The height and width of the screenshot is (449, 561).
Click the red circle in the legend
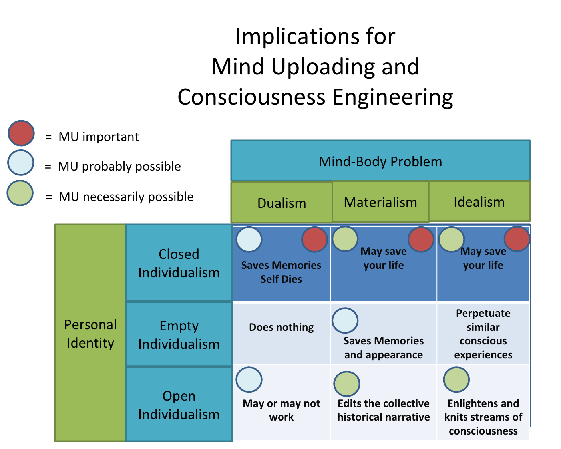tap(21, 133)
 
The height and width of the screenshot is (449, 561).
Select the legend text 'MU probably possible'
tap(119, 166)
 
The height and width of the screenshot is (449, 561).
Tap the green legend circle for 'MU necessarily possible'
tap(20, 193)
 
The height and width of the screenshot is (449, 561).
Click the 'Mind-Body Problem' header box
tap(380, 161)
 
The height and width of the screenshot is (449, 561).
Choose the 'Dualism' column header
tap(282, 203)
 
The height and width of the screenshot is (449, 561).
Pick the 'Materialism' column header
tap(380, 202)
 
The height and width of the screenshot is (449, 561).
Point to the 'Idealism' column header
tap(479, 202)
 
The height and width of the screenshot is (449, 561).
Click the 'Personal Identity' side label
tap(90, 334)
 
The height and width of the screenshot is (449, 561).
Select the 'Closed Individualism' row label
tap(179, 263)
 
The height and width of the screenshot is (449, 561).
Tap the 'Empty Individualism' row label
tap(179, 335)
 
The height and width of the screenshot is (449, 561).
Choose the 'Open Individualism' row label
tap(179, 405)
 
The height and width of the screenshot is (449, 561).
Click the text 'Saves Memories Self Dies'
tap(281, 272)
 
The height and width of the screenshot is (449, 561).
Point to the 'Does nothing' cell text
tap(281, 327)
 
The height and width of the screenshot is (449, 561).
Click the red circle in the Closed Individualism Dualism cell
tap(314, 240)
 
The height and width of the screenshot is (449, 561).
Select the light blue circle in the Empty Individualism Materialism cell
tap(345, 320)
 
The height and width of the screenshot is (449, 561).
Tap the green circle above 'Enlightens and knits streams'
tap(456, 379)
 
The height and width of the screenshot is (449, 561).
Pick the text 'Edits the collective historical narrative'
tap(383, 410)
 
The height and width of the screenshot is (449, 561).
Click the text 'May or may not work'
tap(281, 410)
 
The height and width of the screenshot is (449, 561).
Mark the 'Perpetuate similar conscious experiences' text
tap(483, 334)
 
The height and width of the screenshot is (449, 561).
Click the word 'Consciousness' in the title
tap(251, 97)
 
